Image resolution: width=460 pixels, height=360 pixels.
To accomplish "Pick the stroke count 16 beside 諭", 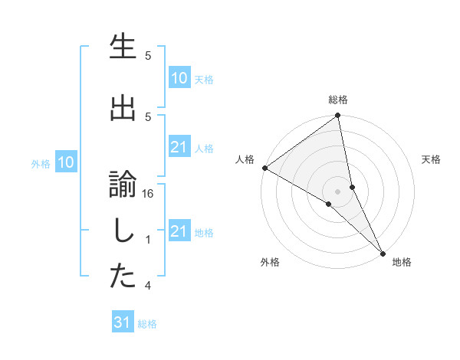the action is point(149,195).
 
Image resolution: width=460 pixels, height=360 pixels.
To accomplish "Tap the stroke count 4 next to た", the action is point(149,286).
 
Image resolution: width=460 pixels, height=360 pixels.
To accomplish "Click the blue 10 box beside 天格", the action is point(179,78).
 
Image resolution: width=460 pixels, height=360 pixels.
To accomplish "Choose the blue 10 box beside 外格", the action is point(66,162).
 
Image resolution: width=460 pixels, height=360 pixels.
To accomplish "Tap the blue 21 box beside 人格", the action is point(179,147).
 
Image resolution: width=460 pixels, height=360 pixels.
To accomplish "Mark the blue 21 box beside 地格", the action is point(179,231).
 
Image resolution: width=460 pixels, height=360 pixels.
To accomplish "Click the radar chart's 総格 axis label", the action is point(337,100).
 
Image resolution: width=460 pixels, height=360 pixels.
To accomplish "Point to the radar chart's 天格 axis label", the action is point(432,159).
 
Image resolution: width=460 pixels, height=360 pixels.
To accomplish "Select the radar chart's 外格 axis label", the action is point(270,262).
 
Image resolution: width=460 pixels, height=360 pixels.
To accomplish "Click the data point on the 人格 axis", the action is point(264,168).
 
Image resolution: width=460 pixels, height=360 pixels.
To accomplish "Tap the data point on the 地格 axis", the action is point(383,252).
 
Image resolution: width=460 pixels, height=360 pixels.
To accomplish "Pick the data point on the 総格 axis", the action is point(337,116).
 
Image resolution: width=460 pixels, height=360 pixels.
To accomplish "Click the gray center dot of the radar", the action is point(337,191).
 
